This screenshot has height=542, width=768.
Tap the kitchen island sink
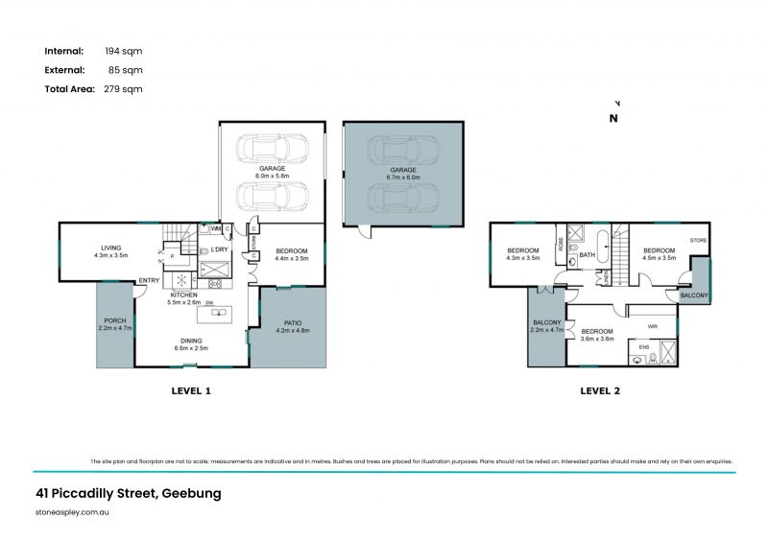215,313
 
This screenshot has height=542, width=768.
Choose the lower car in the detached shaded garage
403,198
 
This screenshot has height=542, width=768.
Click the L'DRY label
218,249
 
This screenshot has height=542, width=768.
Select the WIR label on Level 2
653,326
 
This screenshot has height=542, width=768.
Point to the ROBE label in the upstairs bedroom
560,243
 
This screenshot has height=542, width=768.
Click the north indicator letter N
613,119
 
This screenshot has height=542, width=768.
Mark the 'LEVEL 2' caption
600,390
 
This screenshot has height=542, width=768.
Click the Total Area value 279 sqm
123,88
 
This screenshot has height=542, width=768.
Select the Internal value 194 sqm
123,50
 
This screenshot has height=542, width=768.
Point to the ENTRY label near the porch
149,280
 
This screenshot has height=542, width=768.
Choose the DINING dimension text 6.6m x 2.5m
189,348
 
